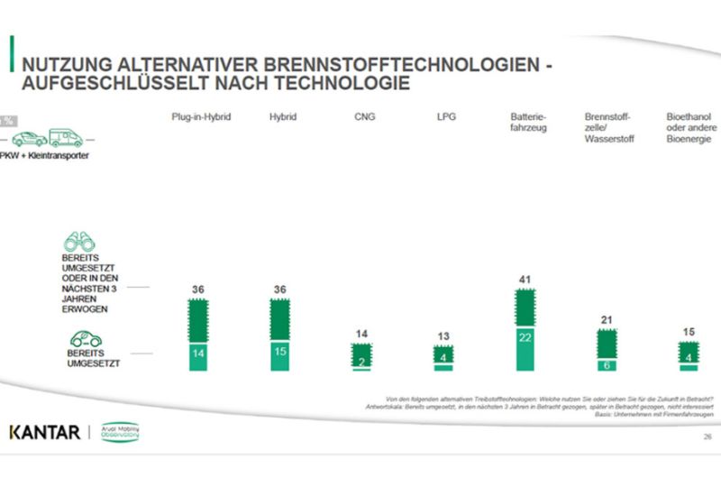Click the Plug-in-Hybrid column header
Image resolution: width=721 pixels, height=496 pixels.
[202, 118]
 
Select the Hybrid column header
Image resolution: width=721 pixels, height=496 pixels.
[283, 118]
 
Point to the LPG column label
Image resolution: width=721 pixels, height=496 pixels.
[443, 118]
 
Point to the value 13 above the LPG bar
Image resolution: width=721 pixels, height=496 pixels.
[443, 337]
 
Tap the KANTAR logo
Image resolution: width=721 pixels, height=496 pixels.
[44, 431]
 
